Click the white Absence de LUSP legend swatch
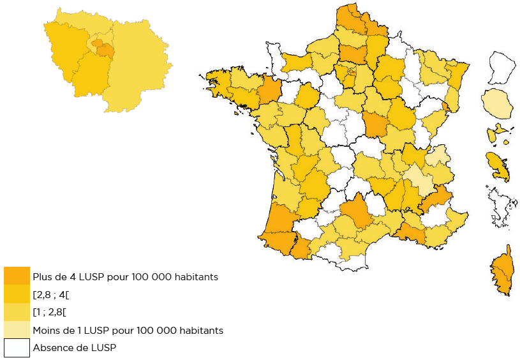(x=17, y=348)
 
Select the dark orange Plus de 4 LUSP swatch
(x=17, y=276)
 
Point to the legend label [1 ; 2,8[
(x=50, y=313)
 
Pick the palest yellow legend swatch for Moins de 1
(x=17, y=330)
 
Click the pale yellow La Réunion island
(x=497, y=104)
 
